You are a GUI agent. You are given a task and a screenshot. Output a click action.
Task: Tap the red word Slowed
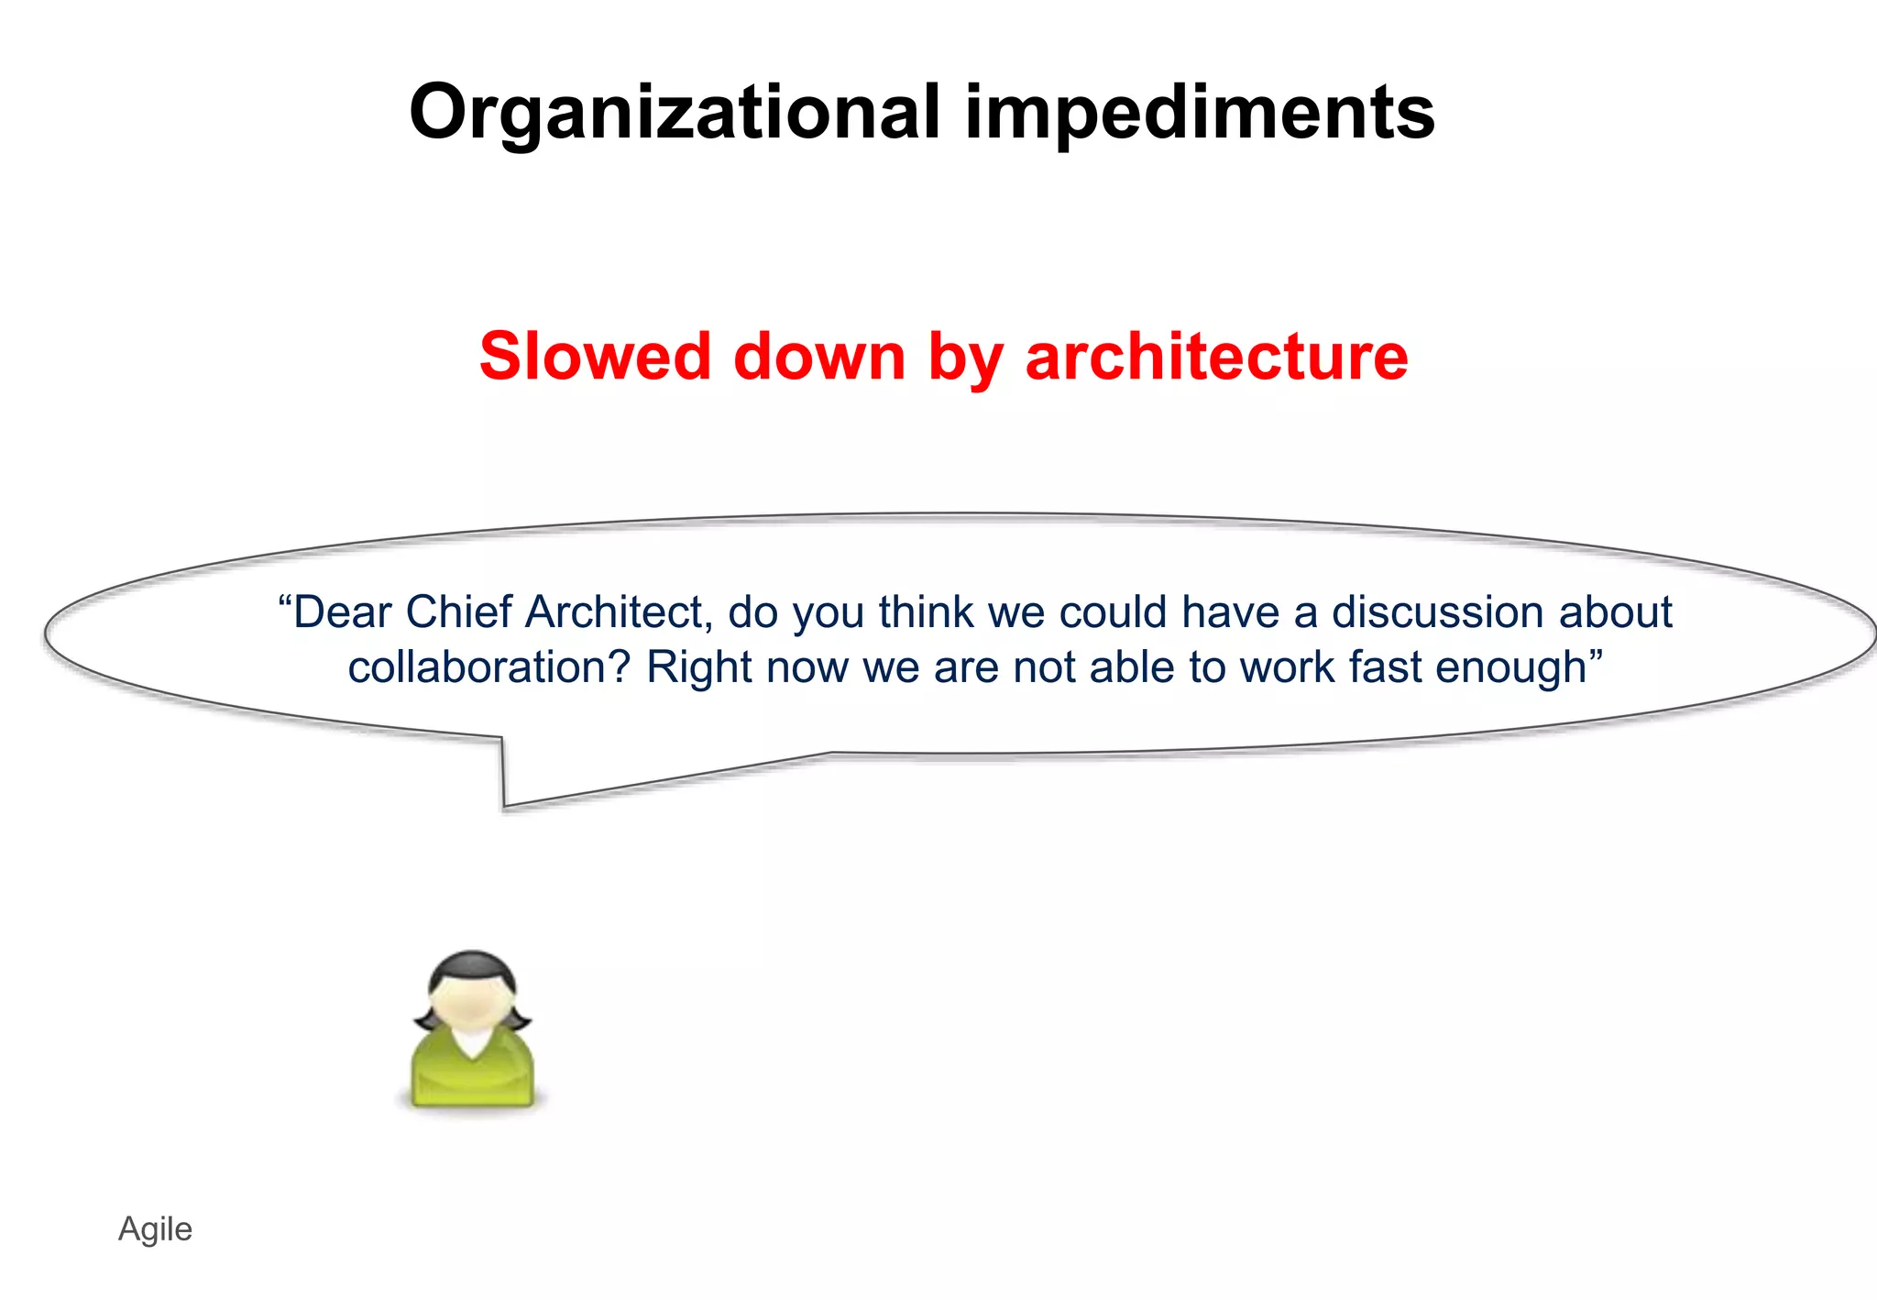(x=595, y=356)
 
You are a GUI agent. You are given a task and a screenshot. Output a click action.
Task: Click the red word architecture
(x=1216, y=356)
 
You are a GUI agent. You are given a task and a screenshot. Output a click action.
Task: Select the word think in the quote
(x=926, y=612)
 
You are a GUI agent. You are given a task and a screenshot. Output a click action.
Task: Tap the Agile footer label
(x=155, y=1229)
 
